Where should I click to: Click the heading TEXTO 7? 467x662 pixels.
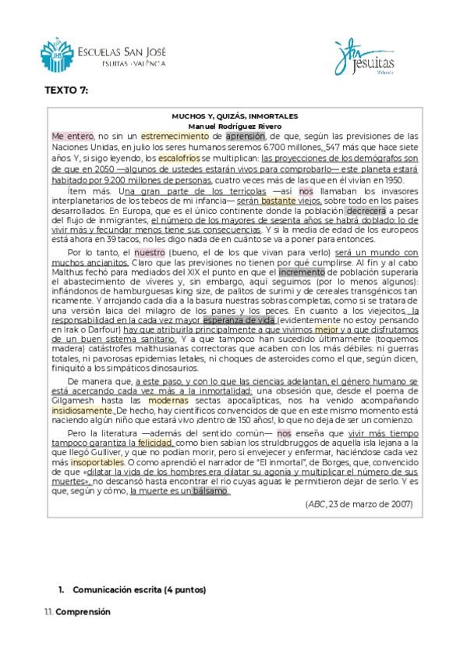pyautogui.click(x=66, y=91)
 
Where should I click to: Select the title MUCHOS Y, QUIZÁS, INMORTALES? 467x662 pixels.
pyautogui.click(x=235, y=115)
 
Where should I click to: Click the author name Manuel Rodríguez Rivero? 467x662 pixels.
pyautogui.click(x=235, y=125)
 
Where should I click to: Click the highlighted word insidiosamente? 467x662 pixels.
pyautogui.click(x=82, y=410)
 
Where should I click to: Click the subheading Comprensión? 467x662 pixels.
pyautogui.click(x=83, y=611)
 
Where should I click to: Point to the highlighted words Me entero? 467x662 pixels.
pyautogui.click(x=73, y=136)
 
